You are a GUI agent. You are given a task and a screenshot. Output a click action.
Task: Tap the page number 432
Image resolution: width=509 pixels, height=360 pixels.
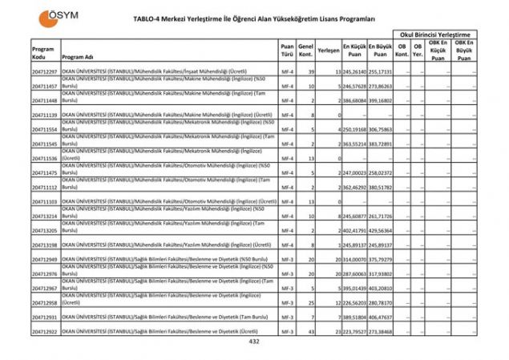[x=254, y=342]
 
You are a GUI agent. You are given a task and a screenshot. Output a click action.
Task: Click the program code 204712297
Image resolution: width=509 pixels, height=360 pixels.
[x=45, y=72]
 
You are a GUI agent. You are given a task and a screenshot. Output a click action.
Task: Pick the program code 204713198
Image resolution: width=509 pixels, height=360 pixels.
[x=45, y=245]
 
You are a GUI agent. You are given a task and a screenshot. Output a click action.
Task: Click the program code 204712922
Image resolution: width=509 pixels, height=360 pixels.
[x=45, y=331]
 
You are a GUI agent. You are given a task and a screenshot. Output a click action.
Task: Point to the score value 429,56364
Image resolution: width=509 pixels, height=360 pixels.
[x=381, y=230]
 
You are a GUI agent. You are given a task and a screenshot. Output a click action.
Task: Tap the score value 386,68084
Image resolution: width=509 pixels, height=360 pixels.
[x=355, y=101]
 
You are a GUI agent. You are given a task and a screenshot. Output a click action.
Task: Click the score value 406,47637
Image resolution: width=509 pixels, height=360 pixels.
[x=381, y=318]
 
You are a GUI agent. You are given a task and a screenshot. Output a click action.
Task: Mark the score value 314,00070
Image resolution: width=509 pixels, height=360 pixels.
[x=355, y=260]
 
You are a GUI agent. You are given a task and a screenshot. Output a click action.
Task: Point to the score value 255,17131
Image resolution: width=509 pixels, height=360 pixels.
[x=381, y=72]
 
